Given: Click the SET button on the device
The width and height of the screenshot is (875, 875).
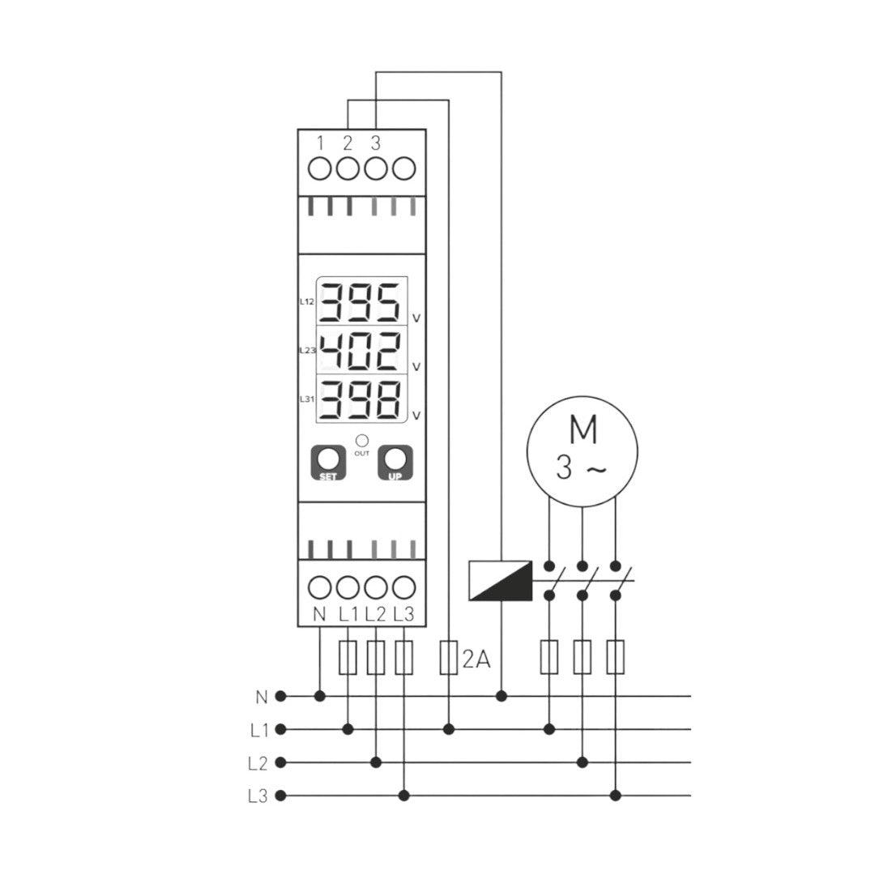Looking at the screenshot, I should (328, 463).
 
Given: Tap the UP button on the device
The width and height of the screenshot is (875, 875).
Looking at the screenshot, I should (395, 463).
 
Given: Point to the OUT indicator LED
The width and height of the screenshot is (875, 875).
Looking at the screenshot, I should (361, 440).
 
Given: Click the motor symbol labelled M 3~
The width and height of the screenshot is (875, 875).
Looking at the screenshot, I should (582, 451).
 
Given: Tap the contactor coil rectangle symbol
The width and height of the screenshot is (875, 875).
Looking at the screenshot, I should (501, 581).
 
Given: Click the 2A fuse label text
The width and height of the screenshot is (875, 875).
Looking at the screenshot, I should (476, 659).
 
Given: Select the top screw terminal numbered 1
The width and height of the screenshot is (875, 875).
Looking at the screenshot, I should (321, 169).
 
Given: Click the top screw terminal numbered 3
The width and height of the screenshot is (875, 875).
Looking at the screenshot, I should (375, 169).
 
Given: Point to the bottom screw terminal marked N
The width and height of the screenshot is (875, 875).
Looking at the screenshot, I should (321, 586).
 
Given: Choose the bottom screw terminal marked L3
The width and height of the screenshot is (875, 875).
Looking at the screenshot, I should (403, 586).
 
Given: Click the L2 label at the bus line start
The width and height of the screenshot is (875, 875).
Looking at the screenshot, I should (258, 763).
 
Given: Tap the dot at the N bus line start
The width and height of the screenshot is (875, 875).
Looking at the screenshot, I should (281, 696).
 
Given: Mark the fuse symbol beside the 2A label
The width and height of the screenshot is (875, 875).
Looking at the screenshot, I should (449, 657).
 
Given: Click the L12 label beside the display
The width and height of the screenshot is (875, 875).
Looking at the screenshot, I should (306, 301).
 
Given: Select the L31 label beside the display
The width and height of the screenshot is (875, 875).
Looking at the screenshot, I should (306, 399).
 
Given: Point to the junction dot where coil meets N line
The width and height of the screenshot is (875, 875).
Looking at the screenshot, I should (502, 696).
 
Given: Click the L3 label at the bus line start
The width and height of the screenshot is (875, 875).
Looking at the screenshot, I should (258, 796).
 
